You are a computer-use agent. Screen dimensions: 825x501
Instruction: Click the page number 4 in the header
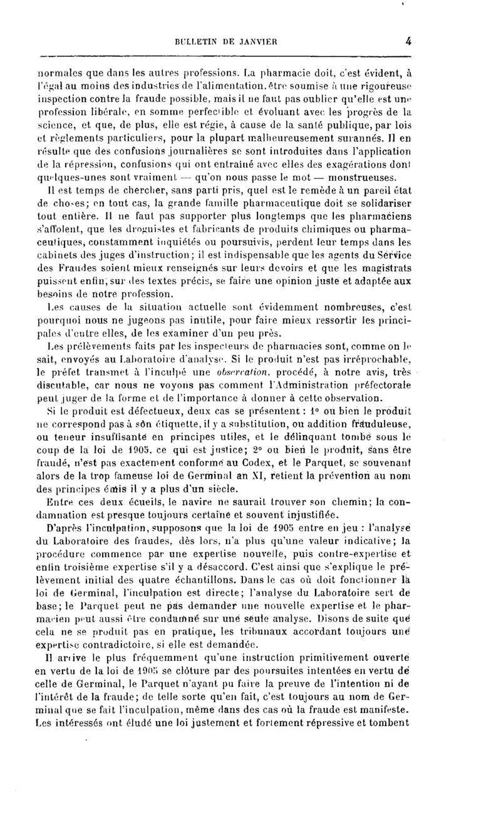pyautogui.click(x=408, y=42)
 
